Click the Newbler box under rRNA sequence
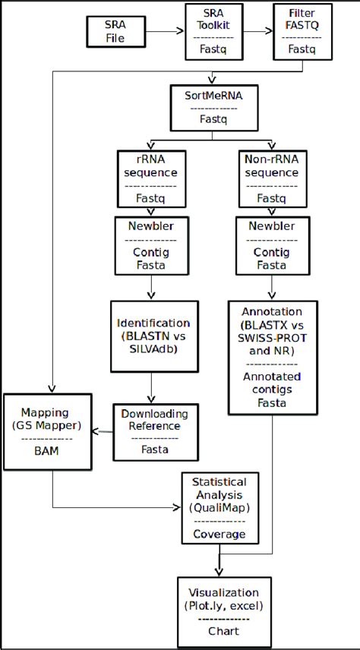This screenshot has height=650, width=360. pos(150,245)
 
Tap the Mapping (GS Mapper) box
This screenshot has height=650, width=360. pos(48,429)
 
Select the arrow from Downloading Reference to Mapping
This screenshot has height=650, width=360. pos(103,430)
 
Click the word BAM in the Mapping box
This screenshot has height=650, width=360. pos(48,451)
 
